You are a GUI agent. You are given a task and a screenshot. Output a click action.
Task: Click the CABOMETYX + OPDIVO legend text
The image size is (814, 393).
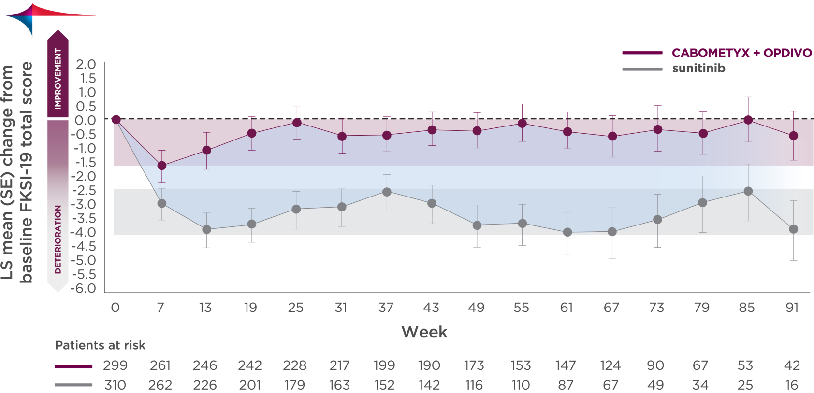pos(741,53)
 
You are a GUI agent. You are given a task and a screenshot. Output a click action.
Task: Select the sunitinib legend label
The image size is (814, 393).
pos(698,69)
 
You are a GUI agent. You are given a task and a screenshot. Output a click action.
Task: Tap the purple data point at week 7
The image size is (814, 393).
pos(162,166)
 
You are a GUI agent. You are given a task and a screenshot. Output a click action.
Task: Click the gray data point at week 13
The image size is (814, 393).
pos(206,229)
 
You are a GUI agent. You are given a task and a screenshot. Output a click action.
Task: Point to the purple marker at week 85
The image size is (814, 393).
pos(748,120)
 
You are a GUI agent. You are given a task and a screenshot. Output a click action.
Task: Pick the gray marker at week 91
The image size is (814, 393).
pos(793,229)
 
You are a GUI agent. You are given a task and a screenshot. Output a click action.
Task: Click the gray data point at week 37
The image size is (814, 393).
pos(387,192)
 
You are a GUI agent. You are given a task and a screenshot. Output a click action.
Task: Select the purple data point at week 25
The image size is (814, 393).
pos(297,123)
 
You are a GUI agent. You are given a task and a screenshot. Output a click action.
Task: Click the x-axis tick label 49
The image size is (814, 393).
pos(476,308)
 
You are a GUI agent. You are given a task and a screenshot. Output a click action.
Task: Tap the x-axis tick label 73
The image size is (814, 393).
pos(656,308)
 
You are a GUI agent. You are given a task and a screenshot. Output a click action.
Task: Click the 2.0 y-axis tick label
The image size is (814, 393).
pos(86,64)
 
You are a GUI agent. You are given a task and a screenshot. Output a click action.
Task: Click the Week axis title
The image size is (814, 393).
pos(424,332)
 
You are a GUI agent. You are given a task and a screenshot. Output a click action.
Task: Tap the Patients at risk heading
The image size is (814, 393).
pos(100,345)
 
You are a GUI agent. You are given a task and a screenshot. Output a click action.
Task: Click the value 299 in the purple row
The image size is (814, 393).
pos(115,365)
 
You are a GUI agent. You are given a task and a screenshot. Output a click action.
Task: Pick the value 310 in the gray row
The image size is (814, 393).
pos(115,385)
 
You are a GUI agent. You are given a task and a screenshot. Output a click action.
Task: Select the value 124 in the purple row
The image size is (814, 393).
pos(610,365)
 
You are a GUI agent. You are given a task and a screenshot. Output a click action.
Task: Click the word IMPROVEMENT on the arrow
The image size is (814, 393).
pos(58,79)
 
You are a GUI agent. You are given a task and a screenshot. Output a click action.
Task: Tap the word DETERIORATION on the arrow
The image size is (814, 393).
pos(58,239)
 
